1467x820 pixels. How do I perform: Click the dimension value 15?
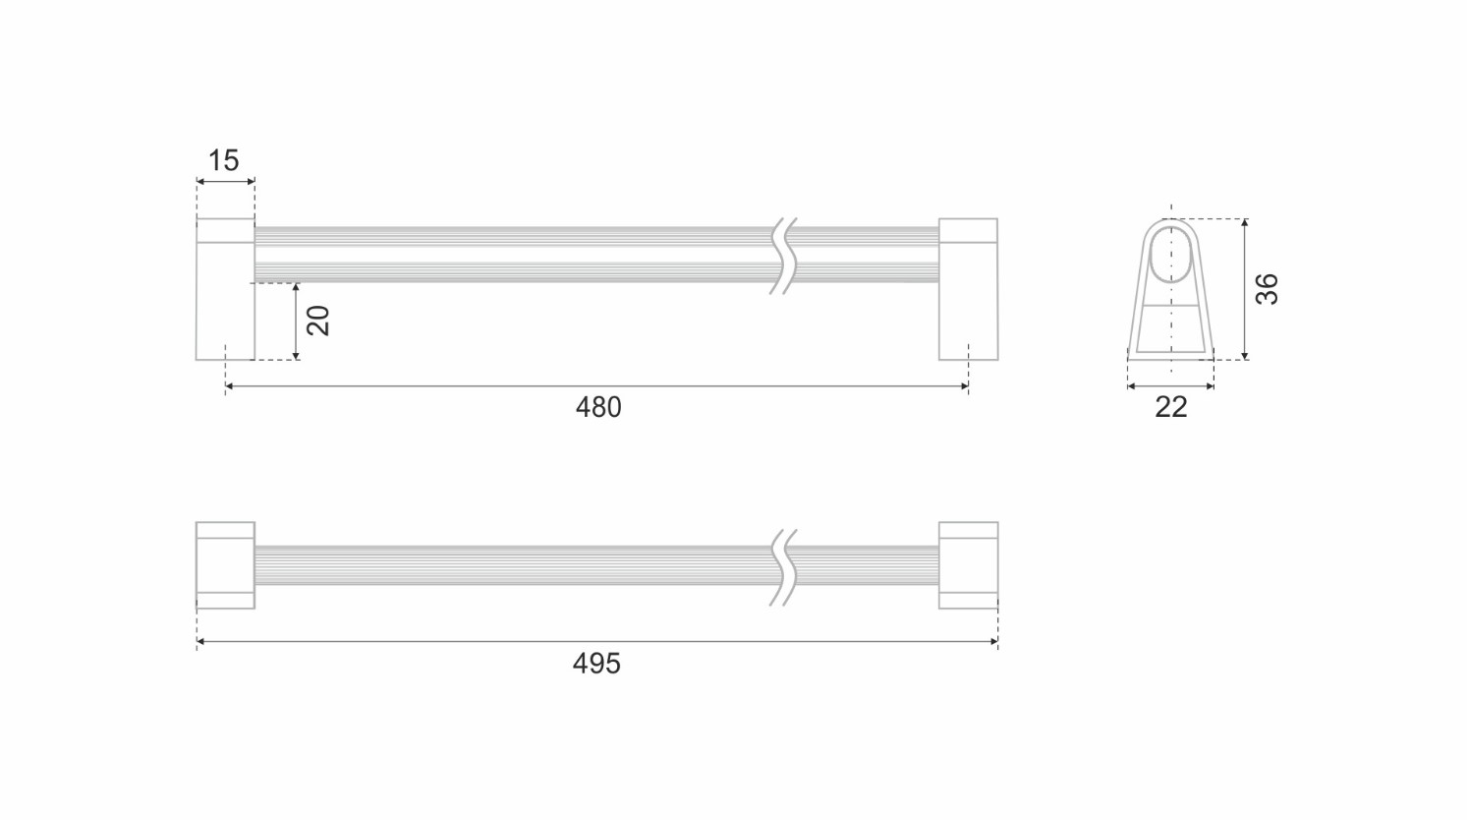[x=223, y=160]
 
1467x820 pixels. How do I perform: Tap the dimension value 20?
[x=318, y=321]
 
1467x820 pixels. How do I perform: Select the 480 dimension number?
[x=598, y=407]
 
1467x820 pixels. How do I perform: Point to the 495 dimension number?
[x=596, y=664]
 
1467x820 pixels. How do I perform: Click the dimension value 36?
[x=1267, y=289]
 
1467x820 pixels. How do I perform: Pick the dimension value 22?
[x=1171, y=407]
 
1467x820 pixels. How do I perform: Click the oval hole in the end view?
[x=1171, y=255]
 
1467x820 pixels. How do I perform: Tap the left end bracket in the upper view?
[x=225, y=289]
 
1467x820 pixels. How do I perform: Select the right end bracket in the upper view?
[x=969, y=289]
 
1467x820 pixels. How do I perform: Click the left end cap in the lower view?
[x=225, y=565]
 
